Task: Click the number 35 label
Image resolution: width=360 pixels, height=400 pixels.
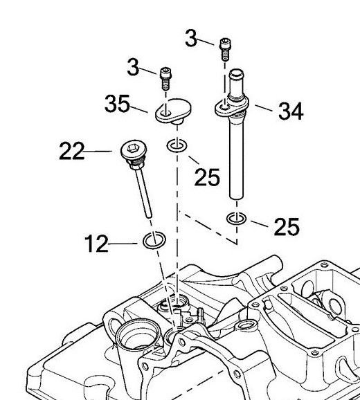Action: [118, 104]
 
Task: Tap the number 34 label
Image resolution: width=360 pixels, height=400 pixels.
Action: [290, 111]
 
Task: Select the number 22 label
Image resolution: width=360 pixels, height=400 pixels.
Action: [72, 151]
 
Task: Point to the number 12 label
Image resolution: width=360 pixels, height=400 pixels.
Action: [97, 244]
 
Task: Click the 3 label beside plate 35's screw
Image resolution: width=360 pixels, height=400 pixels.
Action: [133, 67]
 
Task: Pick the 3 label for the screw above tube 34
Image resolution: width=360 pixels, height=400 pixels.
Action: [192, 39]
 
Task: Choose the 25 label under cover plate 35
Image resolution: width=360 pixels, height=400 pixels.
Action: [207, 177]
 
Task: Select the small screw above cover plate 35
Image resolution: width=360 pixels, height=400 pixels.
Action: [165, 77]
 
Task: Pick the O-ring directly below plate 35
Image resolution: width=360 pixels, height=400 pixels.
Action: [176, 146]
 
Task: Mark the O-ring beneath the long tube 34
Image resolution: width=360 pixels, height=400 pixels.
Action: [237, 219]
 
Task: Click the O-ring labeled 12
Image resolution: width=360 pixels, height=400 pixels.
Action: [154, 241]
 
